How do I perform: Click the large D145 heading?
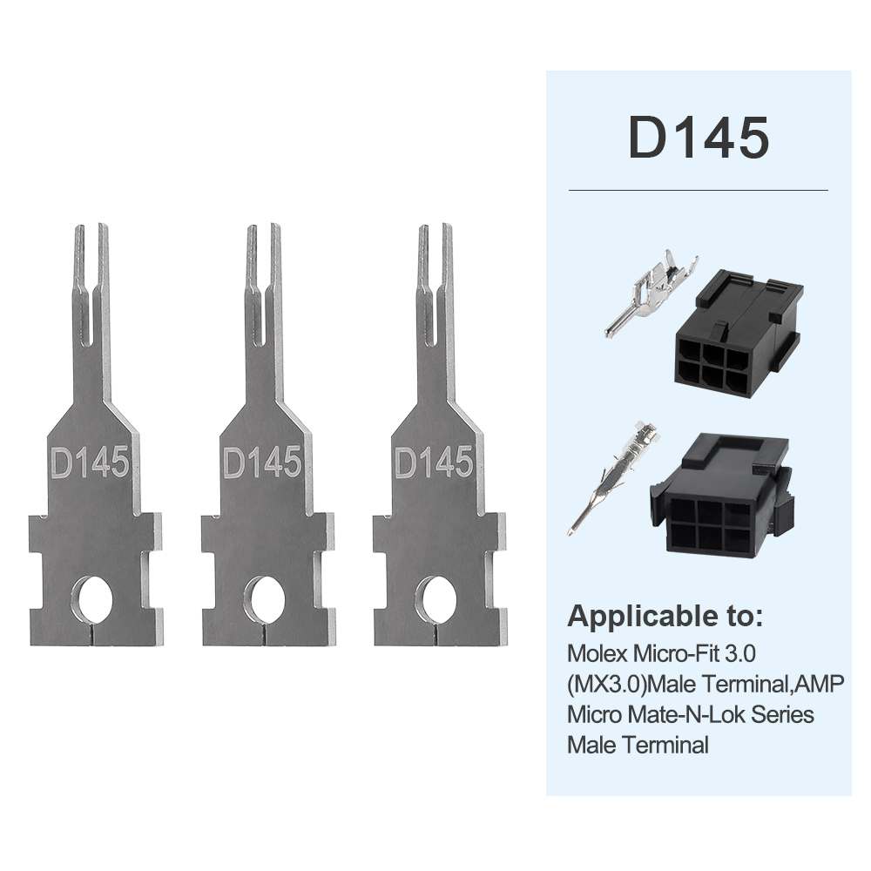(699, 137)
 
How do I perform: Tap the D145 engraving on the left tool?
(90, 462)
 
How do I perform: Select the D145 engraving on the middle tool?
(262, 462)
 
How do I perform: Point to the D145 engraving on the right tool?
(434, 462)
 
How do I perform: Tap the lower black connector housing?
(723, 496)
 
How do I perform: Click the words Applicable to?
(665, 618)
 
